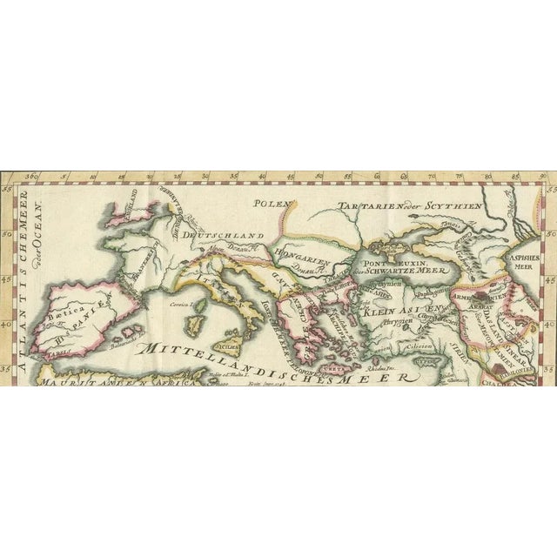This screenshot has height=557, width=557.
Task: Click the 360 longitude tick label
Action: (33, 178)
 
